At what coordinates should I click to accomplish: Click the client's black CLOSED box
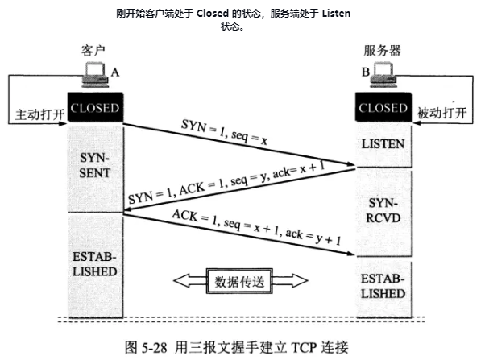95,107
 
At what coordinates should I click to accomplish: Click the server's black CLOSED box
383,107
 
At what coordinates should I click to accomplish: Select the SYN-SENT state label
94,165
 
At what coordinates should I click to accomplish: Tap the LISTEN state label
383,144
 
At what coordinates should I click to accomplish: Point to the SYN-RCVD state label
383,211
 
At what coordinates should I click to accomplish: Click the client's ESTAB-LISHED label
94,264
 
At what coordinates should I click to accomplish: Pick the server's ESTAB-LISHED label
383,286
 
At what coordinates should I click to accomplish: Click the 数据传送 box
239,281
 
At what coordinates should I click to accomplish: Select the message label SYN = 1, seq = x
224,132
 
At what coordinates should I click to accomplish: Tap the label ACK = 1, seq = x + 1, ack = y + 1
256,227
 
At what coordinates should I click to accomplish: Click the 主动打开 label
40,114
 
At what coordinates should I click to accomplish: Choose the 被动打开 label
441,113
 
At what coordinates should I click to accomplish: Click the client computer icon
95,75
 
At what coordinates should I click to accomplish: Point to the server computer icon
383,75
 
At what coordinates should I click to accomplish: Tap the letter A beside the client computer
115,72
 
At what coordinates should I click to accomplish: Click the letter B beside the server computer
366,72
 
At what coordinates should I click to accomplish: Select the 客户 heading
93,51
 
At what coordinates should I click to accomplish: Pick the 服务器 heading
383,51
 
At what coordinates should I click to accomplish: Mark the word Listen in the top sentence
336,14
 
